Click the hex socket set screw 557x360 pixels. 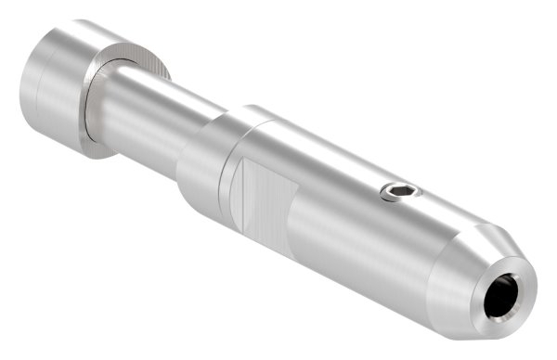point(400,192)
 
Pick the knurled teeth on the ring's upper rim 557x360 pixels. point(139,51)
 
